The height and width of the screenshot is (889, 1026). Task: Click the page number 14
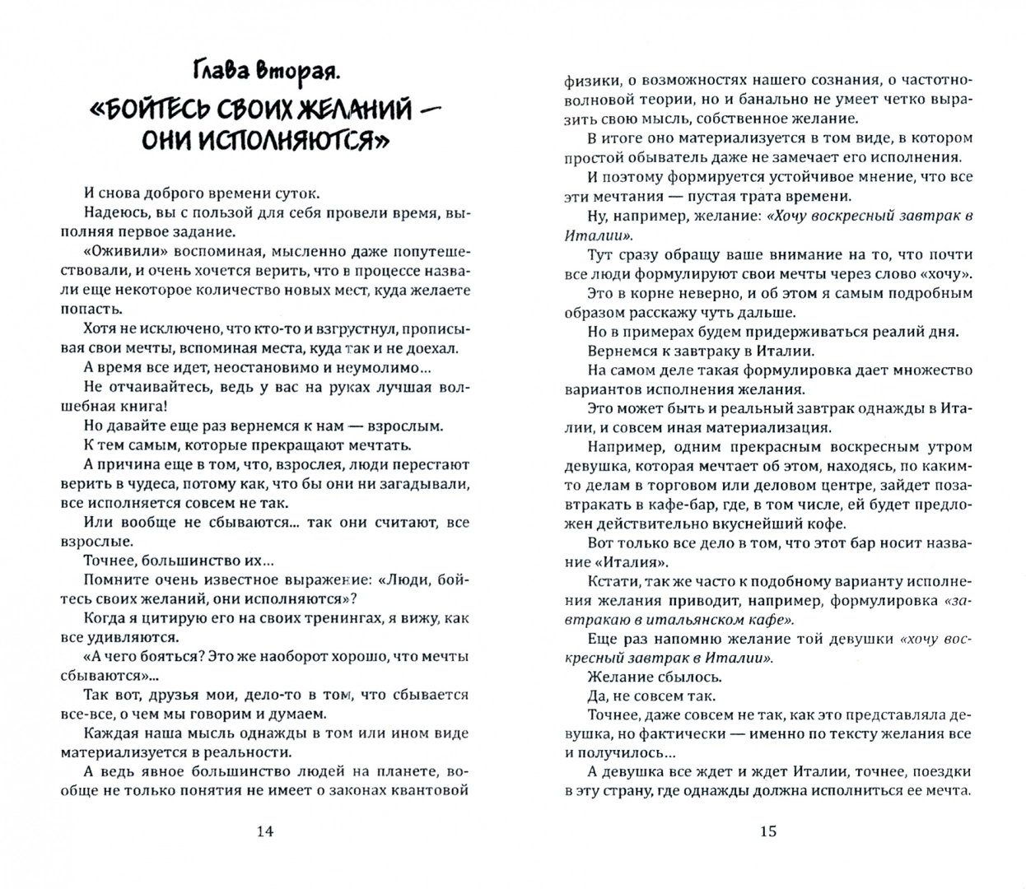point(264,831)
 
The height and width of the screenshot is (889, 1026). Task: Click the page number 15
point(767,831)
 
